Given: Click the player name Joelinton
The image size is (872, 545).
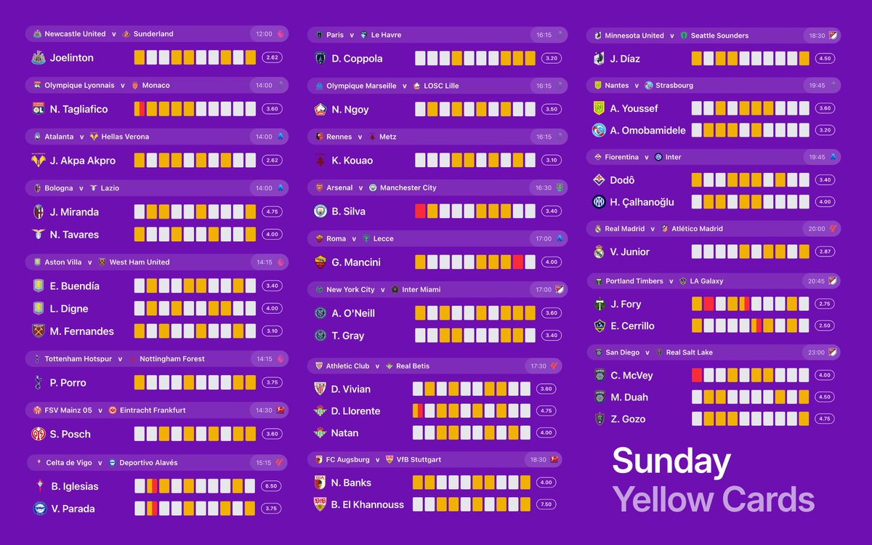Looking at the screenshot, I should point(71,57).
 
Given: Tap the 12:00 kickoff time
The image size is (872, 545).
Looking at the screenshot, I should point(264,34).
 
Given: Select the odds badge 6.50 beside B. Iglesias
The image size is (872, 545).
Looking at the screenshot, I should point(272,486).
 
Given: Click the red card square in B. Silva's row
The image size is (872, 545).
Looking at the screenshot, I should point(420,211).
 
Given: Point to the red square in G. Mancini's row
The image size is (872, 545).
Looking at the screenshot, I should point(518,262).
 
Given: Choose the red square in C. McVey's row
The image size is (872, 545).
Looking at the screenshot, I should point(697,376).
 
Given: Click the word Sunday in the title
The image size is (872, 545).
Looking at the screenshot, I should point(671,461).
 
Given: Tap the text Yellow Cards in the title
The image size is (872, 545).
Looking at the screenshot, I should point(713,499).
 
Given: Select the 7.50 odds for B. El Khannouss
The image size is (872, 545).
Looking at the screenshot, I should point(547,504).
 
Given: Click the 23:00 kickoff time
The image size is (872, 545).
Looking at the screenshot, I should point(816,352).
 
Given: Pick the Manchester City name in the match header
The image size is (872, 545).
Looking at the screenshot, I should point(408,187).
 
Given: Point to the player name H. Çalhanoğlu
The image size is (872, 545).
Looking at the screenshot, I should point(642,202).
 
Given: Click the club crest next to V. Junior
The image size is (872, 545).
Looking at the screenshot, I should point(599,252).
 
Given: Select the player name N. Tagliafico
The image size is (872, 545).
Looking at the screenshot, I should point(78,109).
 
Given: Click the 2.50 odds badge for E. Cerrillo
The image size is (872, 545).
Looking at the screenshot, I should point(823,326).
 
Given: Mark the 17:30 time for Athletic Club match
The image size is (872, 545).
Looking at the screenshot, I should point(538,366).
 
